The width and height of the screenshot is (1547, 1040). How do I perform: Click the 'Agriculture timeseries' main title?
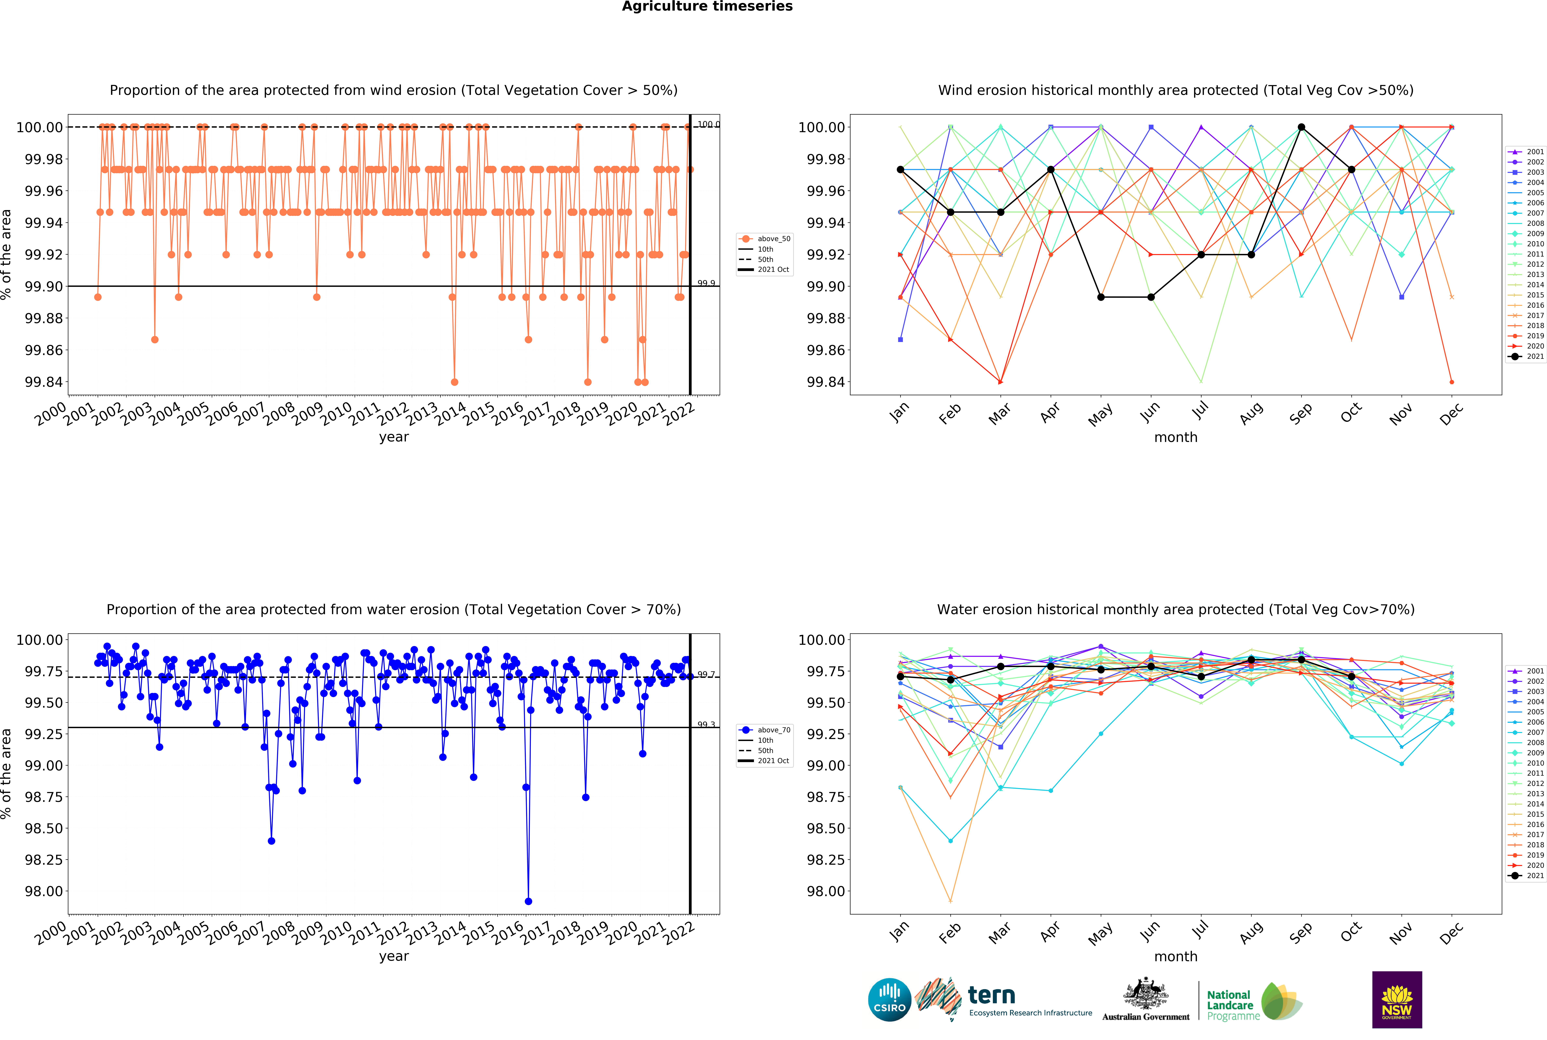tap(707, 7)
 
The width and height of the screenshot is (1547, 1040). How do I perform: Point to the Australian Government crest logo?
tap(1146, 998)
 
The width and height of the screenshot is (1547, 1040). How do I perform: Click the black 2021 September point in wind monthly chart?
tap(1301, 127)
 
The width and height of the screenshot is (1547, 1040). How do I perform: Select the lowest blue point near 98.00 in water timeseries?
tap(528, 901)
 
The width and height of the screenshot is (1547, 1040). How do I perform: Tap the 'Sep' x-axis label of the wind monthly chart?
tap(1301, 413)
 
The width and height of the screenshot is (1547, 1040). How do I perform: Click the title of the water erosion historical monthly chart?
tap(1175, 610)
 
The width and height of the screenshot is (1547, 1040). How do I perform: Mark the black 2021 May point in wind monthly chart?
tap(1101, 297)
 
